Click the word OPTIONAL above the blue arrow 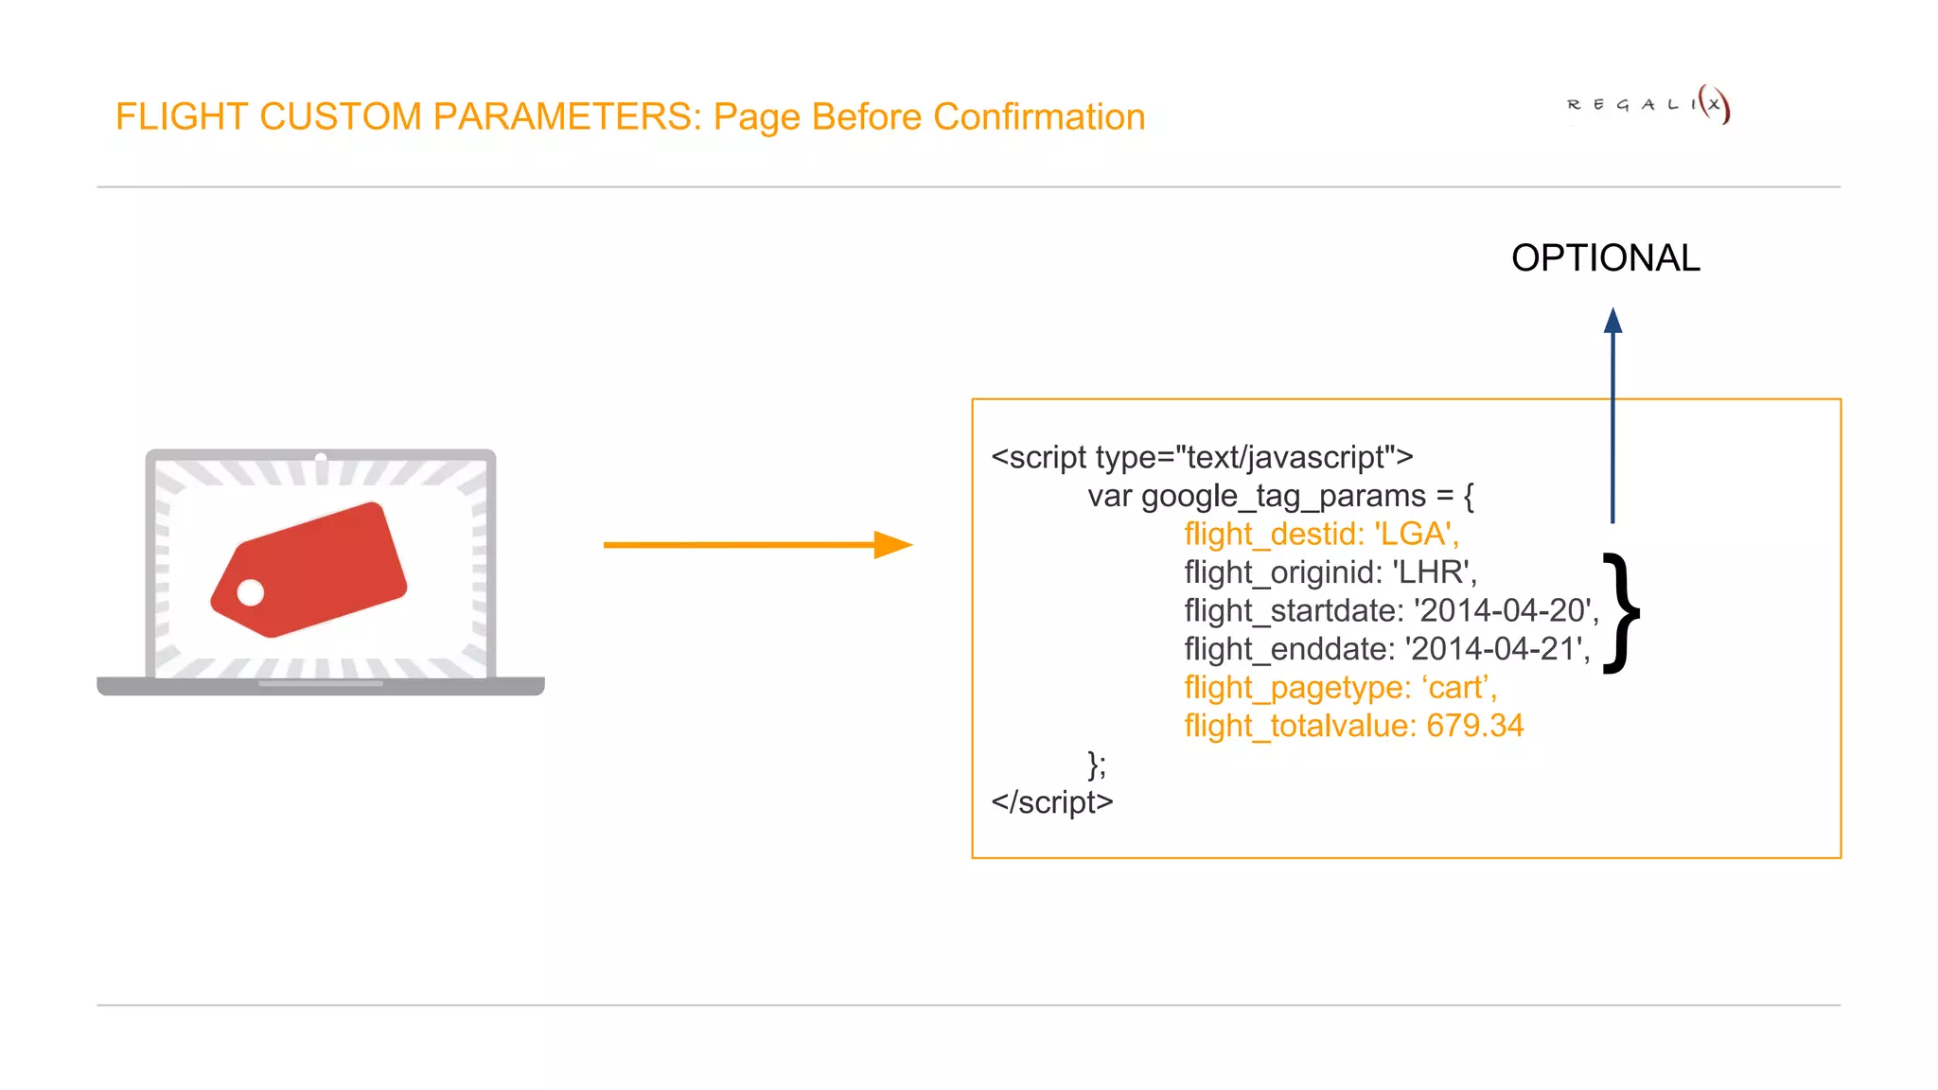[1605, 258]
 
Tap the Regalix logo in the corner [1648, 104]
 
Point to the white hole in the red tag [251, 593]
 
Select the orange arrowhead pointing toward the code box [891, 545]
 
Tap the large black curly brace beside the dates [1622, 612]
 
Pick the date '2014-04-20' [1501, 611]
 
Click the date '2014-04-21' [1493, 649]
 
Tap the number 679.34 [1474, 726]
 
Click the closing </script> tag [1051, 802]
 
